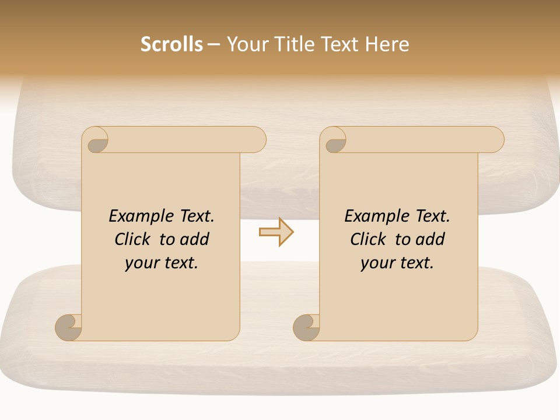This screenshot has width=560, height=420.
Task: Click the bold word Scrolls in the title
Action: point(171,44)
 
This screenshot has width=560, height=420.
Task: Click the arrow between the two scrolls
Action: point(276,232)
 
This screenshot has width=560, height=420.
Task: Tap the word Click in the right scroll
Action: point(368,239)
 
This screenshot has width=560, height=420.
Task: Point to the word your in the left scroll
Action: point(141,263)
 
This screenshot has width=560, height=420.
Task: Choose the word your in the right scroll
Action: point(376,263)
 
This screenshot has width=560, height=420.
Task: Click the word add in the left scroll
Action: point(195,239)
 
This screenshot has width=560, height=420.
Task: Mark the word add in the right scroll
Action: point(430,239)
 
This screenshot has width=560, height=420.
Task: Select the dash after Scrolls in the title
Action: point(214,45)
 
